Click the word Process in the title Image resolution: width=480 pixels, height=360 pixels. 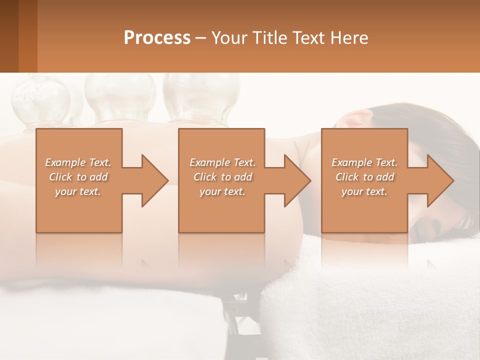click(157, 38)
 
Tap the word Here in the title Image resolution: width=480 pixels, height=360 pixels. click(349, 38)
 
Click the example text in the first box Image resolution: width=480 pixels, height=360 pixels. click(78, 177)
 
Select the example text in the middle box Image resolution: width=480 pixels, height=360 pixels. click(222, 177)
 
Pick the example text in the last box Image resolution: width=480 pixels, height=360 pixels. click(364, 177)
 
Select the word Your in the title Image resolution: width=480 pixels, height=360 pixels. click(228, 38)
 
